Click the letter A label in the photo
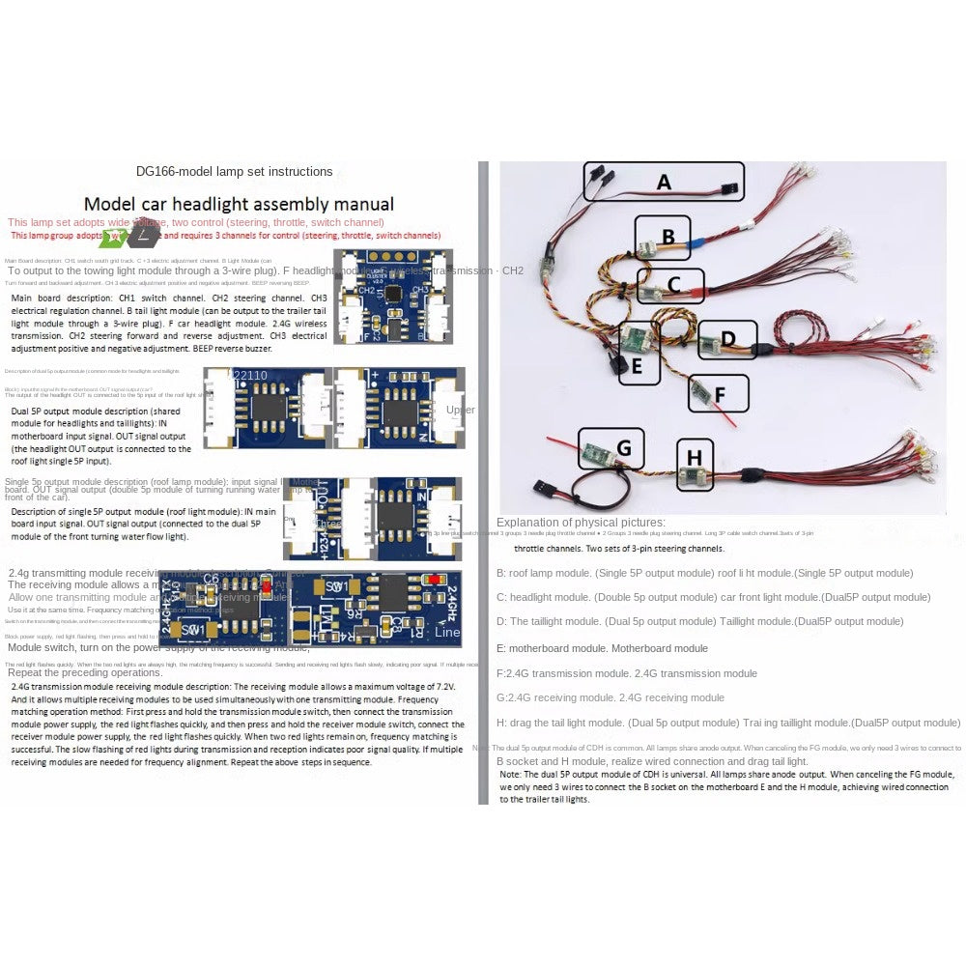(664, 182)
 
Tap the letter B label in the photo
(668, 235)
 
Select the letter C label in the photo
(674, 284)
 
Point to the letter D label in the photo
(728, 338)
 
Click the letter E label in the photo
(637, 366)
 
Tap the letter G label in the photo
(623, 448)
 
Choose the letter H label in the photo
(694, 457)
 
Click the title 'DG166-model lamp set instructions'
(235, 172)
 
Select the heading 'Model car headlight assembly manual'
(239, 204)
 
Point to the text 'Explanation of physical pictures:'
(581, 523)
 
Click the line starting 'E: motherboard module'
(602, 648)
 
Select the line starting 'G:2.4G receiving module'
(610, 697)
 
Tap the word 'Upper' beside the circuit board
(461, 410)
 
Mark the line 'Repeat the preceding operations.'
(84, 672)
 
